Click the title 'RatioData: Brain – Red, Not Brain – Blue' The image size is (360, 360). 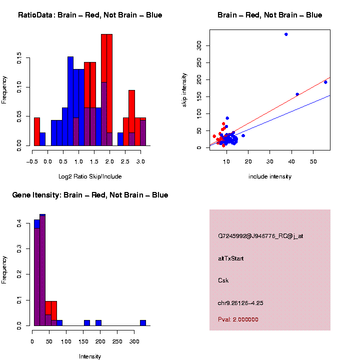[x=90, y=15]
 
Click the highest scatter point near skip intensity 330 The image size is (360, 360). [x=286, y=34]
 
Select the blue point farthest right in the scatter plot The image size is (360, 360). [x=325, y=82]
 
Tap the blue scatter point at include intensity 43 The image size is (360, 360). [x=297, y=94]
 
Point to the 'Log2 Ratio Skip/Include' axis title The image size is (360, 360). [x=90, y=176]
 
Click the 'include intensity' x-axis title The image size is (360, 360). [x=270, y=176]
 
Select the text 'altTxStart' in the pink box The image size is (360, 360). [x=231, y=258]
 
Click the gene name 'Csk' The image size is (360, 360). [x=223, y=280]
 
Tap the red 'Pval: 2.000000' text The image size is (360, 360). [x=238, y=319]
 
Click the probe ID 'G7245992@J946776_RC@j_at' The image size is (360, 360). [x=260, y=236]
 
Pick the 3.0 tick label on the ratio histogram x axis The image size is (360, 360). [x=141, y=161]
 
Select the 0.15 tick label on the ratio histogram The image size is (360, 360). [x=20, y=59]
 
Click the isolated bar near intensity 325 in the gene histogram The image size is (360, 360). [x=143, y=322]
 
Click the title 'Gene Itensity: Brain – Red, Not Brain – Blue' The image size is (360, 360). [x=90, y=195]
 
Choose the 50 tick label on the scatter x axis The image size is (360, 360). [x=313, y=161]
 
